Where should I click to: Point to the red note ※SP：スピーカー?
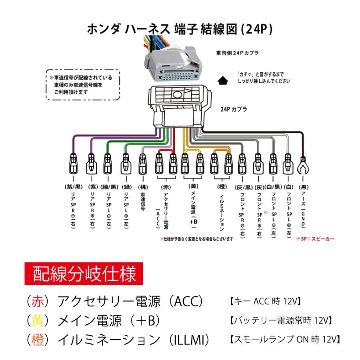(315, 238)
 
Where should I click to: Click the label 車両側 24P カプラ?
(237, 52)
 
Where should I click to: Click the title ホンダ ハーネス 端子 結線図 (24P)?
(180, 29)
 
